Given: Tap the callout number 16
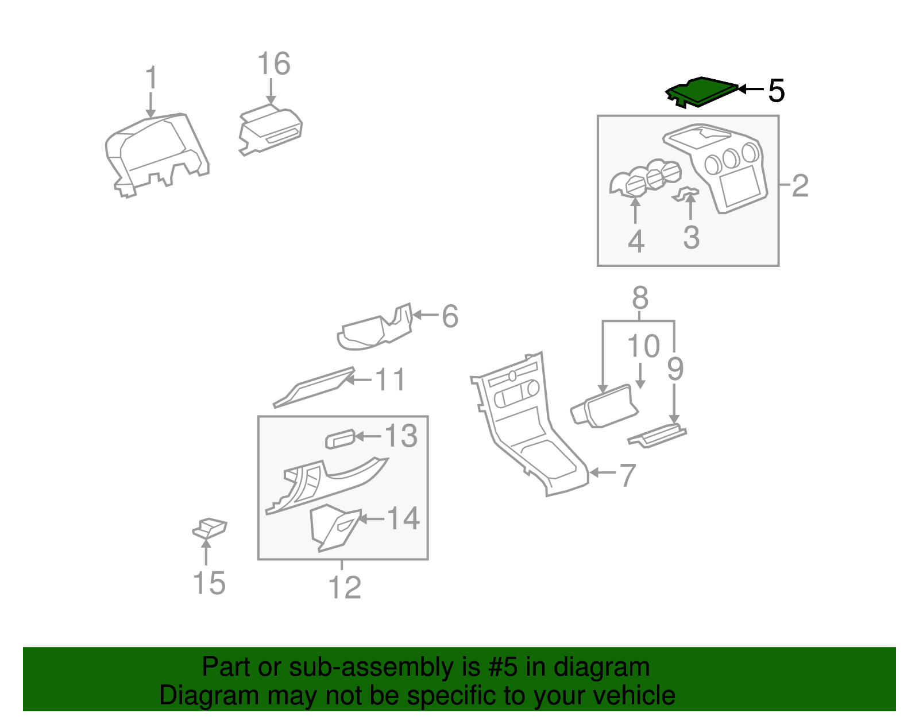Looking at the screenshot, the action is click(273, 63).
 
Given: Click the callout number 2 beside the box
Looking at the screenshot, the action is click(800, 185).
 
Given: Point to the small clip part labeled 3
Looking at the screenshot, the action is click(685, 194).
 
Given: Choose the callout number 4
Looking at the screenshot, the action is click(636, 241).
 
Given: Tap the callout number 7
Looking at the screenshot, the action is click(627, 475).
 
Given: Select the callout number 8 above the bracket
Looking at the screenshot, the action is click(640, 297).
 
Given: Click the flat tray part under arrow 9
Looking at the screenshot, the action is click(657, 436).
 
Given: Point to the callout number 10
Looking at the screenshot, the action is click(643, 346).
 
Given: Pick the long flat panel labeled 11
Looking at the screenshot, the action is click(314, 387).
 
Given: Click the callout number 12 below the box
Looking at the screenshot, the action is click(344, 587).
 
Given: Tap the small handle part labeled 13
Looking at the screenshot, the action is click(340, 439).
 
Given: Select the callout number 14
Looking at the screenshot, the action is click(403, 518).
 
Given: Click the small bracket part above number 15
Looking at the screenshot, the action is click(209, 529).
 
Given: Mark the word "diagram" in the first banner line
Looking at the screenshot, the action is click(601, 667).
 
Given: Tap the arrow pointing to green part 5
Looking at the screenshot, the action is click(751, 89).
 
